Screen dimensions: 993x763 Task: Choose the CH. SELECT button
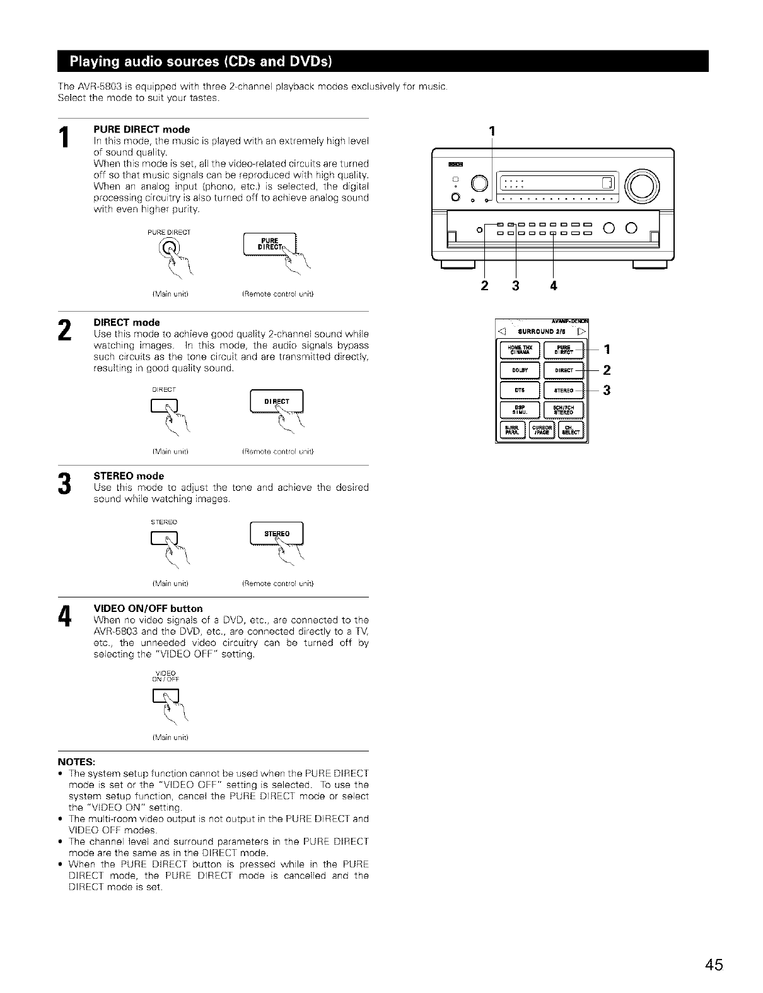pos(570,431)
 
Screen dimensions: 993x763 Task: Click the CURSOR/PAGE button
pos(542,431)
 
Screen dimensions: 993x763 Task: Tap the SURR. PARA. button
pos(513,431)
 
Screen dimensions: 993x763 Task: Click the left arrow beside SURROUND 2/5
pos(502,331)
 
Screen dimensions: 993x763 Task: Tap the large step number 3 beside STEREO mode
pos(64,482)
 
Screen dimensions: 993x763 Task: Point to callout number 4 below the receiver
pos(553,286)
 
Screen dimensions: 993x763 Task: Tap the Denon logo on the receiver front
pos(453,164)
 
